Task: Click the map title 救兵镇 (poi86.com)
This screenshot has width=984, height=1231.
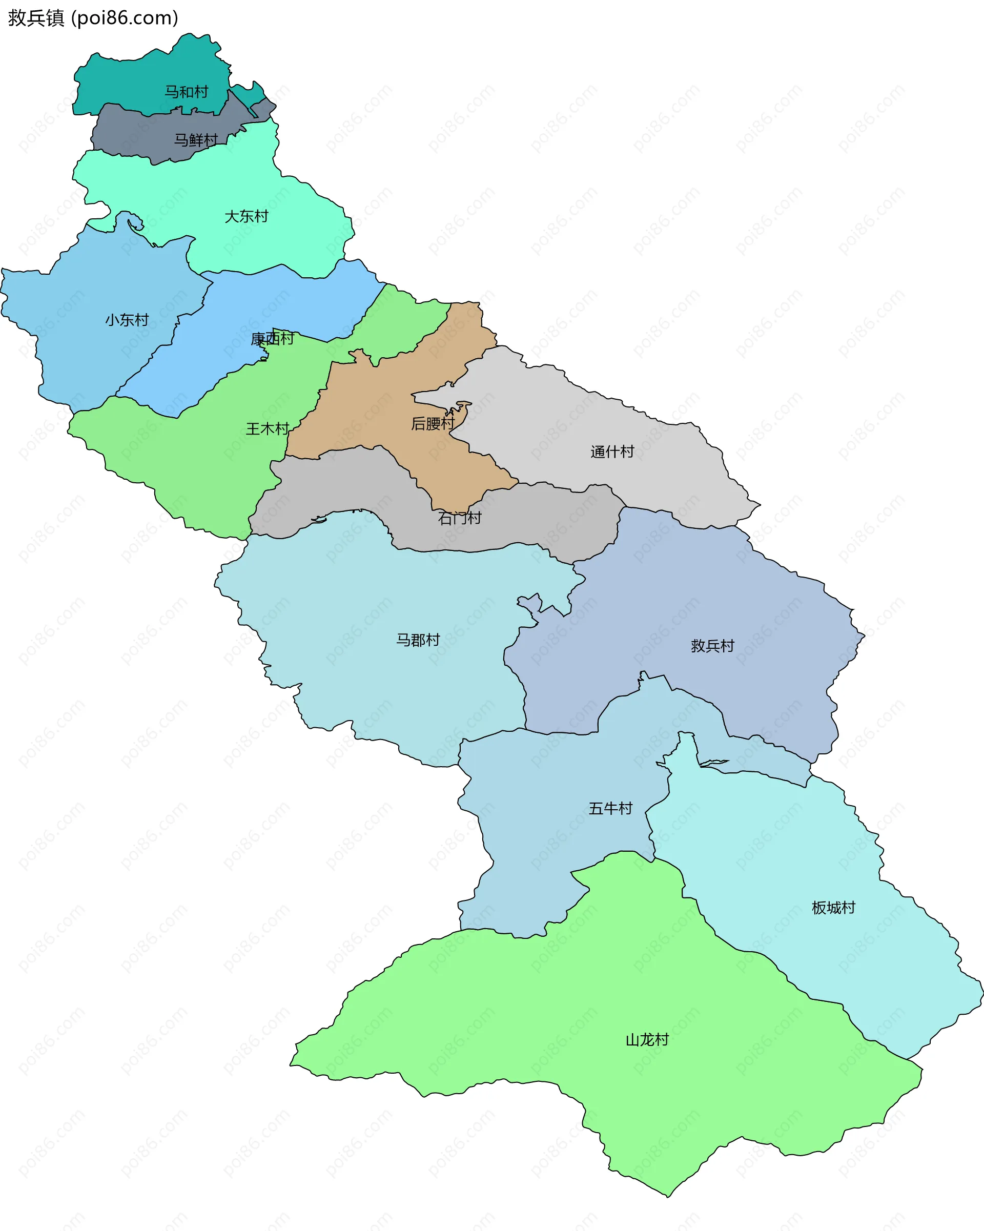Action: [x=93, y=18]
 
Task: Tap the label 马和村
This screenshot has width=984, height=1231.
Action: [x=186, y=92]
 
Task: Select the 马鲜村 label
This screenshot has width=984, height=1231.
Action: [x=196, y=140]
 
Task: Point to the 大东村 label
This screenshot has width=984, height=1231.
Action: [x=246, y=216]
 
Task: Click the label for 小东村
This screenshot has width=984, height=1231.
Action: [x=127, y=320]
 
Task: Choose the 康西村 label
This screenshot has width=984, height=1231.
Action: [x=273, y=339]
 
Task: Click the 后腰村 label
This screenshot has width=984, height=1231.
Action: [x=433, y=424]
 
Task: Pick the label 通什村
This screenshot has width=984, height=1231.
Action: [x=612, y=452]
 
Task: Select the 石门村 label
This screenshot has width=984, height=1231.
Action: [x=460, y=518]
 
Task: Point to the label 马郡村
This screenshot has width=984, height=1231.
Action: [x=418, y=640]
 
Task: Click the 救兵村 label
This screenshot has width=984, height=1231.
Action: [x=712, y=646]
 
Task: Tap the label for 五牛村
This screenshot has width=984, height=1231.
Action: [x=610, y=809]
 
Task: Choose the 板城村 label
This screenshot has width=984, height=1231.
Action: [x=833, y=908]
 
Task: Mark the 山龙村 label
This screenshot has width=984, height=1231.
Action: [x=647, y=1040]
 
